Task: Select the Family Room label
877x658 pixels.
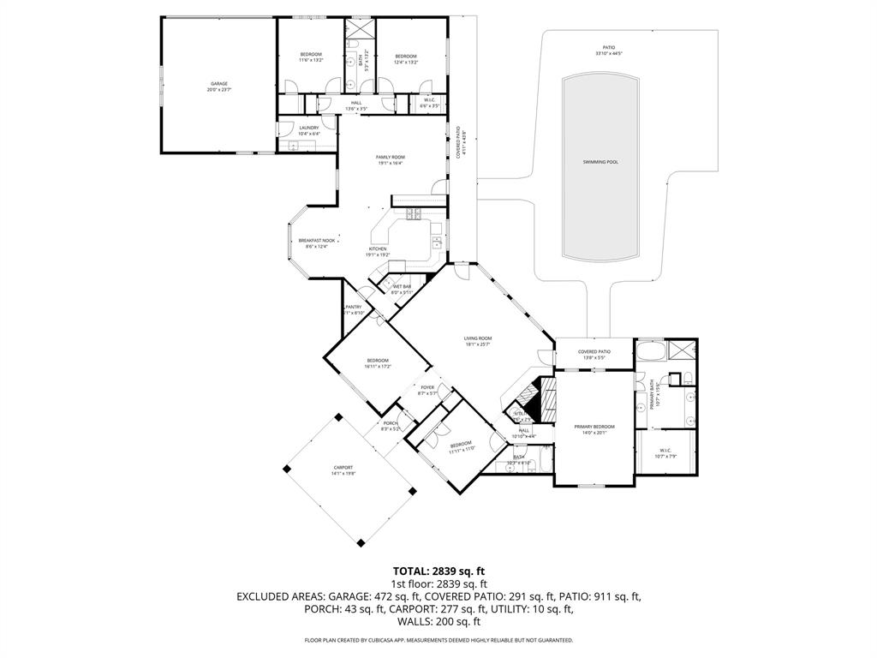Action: tap(391, 158)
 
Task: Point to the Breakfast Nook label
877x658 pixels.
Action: tap(316, 241)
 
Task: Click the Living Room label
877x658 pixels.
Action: tap(478, 338)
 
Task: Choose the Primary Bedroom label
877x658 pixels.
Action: tap(594, 427)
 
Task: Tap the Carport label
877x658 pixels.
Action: tap(343, 468)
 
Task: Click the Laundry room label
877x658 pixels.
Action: tap(309, 129)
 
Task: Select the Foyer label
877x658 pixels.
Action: tap(427, 388)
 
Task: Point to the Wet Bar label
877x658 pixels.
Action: tap(402, 287)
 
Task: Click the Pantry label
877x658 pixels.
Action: tap(354, 307)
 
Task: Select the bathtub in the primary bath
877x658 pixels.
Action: tap(649, 351)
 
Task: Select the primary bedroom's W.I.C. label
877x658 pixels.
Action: tap(665, 451)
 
